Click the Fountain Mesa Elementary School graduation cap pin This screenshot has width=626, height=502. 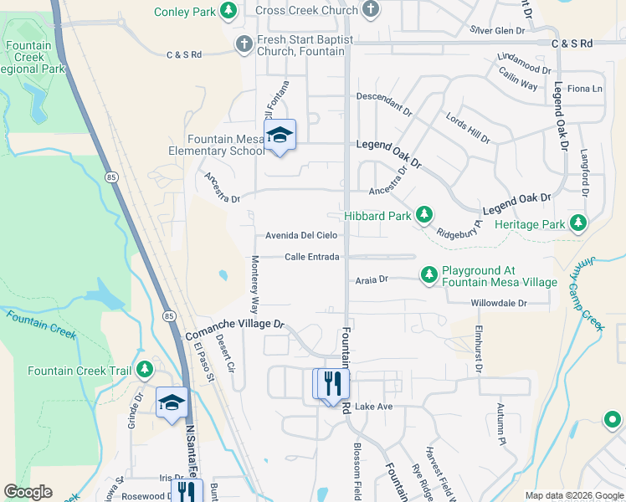click(x=280, y=136)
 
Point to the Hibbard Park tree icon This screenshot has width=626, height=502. click(x=424, y=215)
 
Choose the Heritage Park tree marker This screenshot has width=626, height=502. click(x=577, y=223)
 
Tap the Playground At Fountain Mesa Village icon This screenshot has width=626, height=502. click(x=428, y=274)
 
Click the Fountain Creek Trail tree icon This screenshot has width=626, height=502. click(x=145, y=369)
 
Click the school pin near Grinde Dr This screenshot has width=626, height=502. click(x=172, y=402)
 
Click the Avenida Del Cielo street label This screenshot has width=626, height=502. click(x=301, y=236)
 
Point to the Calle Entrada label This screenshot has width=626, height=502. click(x=311, y=257)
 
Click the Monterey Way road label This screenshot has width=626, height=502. click(x=254, y=284)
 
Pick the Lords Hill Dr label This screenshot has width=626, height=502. click(x=468, y=126)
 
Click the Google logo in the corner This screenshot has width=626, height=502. click(x=28, y=492)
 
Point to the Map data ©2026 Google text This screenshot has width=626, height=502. click(x=573, y=495)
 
